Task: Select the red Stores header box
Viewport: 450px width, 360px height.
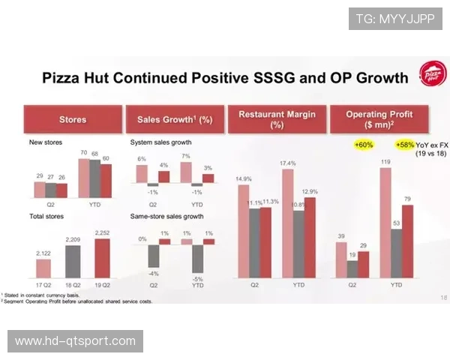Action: (73, 119)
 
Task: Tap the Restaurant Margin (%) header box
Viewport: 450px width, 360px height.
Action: (277, 119)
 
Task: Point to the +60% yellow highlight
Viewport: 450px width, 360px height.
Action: (364, 144)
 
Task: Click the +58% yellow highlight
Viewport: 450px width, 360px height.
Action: (404, 144)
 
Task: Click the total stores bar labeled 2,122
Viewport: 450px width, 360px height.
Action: (43, 268)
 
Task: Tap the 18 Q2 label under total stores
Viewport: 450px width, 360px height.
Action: (72, 285)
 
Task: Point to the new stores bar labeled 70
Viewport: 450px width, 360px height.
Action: (83, 178)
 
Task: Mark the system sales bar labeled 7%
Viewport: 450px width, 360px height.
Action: (186, 173)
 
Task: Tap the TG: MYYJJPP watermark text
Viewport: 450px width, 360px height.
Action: (395, 18)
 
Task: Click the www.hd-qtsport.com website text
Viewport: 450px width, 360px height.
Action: (75, 341)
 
